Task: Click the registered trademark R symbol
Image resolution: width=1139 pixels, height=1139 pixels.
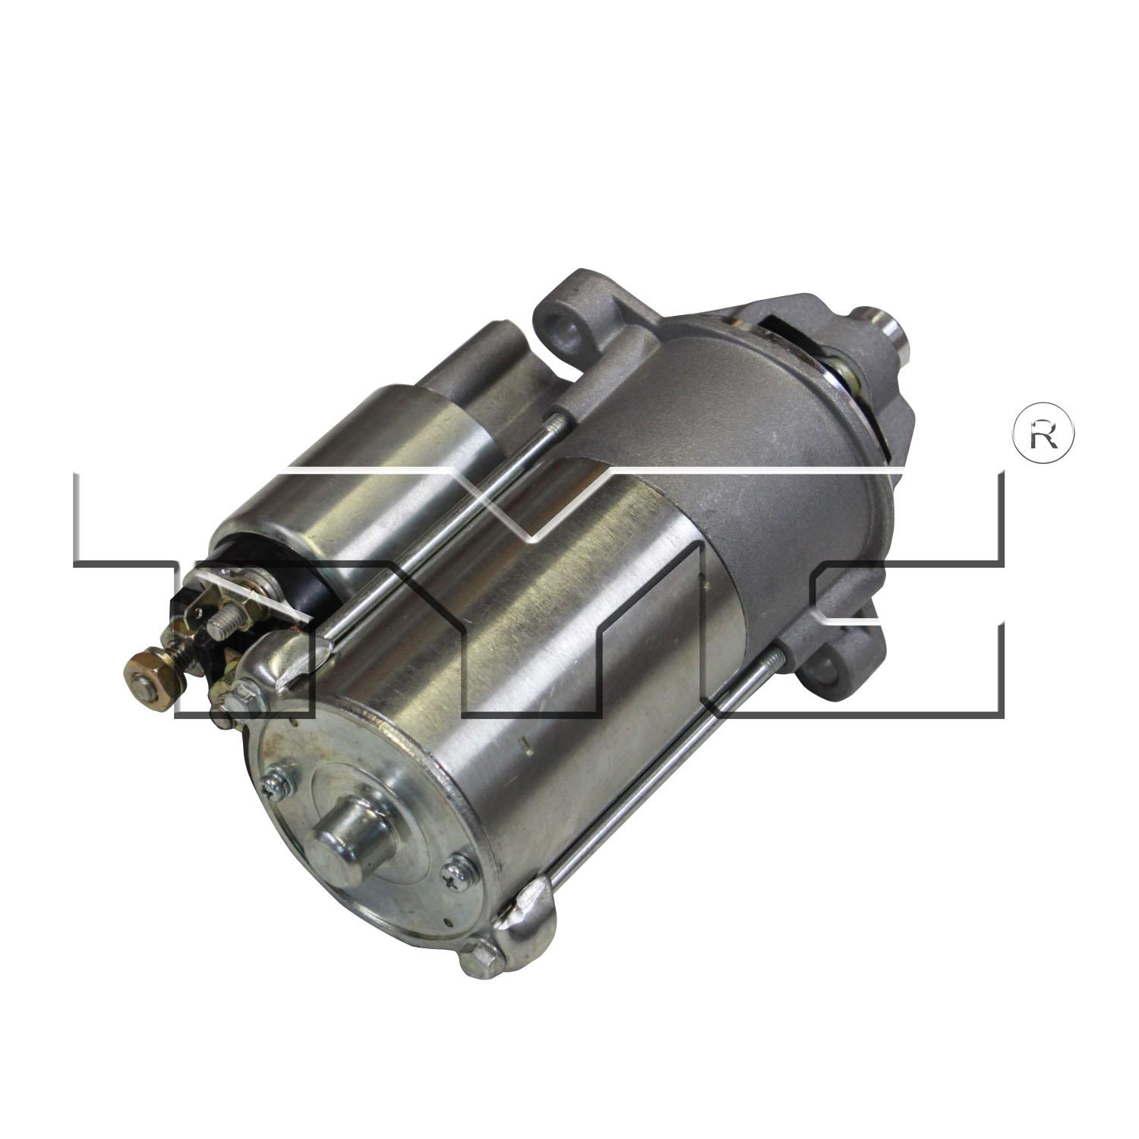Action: click(x=1043, y=432)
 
